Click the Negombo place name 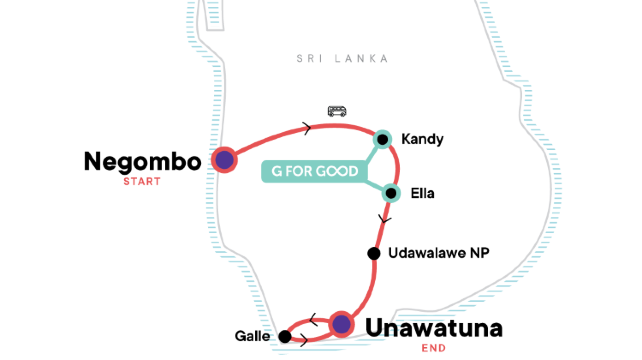point(144,161)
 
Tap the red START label point(141,182)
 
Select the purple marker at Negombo point(225,160)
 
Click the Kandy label point(420,138)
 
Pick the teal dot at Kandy point(382,139)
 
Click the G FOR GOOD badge point(314,171)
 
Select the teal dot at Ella point(391,193)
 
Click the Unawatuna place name point(433,327)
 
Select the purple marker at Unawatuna point(341,323)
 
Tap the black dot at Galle point(285,337)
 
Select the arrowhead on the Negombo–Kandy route point(304,127)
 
